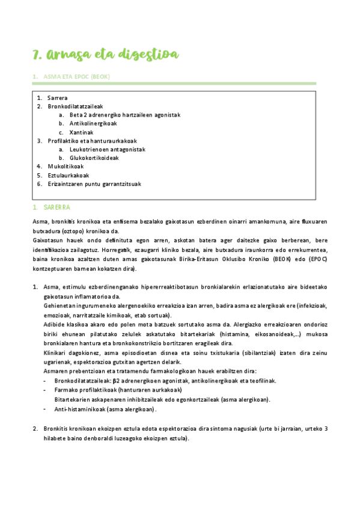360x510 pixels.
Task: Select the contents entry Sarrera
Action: [58, 97]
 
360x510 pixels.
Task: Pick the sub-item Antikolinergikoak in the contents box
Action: [93, 123]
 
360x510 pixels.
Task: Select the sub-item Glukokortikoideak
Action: [94, 158]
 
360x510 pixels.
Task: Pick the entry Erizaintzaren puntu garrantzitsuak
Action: [94, 184]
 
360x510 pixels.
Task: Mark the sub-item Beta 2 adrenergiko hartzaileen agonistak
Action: [125, 115]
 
